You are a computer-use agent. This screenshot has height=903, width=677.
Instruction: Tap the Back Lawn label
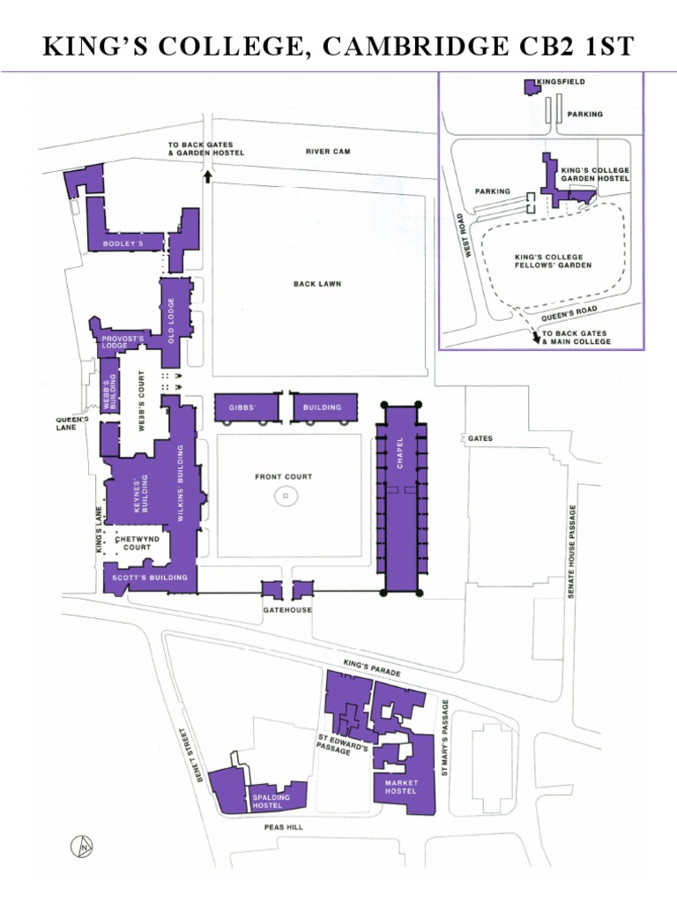click(x=317, y=284)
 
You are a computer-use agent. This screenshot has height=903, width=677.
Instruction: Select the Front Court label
click(x=284, y=477)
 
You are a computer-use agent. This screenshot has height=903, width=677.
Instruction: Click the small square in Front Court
click(x=286, y=496)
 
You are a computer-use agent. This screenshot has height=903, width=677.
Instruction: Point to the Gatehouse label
click(x=287, y=610)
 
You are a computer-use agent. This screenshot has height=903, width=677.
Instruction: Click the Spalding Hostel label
click(x=272, y=801)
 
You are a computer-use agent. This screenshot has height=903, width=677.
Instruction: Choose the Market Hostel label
click(x=401, y=787)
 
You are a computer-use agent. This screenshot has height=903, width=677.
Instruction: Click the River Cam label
click(x=328, y=152)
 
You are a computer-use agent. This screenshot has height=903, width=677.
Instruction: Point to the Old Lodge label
click(x=172, y=321)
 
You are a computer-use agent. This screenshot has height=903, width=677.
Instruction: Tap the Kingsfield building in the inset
click(x=531, y=86)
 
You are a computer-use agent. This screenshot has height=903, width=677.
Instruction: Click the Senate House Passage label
click(x=572, y=553)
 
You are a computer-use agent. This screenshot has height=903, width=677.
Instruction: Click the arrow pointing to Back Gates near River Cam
click(x=208, y=176)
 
